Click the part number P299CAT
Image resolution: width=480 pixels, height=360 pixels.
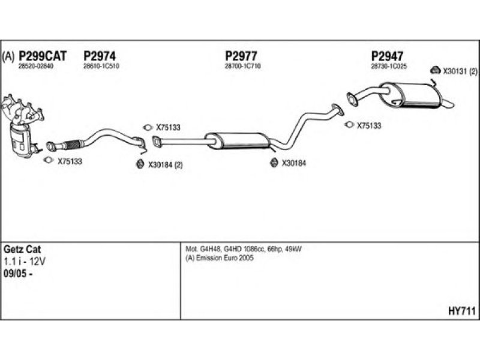(x=43, y=56)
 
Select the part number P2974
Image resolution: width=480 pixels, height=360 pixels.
(x=100, y=56)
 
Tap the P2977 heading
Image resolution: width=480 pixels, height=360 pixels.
(x=241, y=56)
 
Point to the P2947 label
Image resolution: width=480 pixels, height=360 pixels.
(x=387, y=56)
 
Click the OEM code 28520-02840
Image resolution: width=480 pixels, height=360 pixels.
(x=36, y=66)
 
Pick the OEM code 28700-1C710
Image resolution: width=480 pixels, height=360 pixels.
(x=243, y=66)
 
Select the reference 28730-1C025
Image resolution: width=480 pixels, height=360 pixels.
(x=389, y=66)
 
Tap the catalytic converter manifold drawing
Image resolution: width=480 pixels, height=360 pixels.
(x=22, y=125)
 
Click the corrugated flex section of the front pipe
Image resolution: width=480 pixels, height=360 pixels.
(x=71, y=144)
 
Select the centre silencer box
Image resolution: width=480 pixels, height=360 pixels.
(x=237, y=141)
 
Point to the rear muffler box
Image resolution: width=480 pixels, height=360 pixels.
(x=410, y=95)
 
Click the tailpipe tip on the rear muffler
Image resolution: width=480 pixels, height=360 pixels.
(x=448, y=103)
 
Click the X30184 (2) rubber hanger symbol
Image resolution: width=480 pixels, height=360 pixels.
(x=140, y=164)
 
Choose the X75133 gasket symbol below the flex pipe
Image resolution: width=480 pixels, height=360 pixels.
(x=49, y=160)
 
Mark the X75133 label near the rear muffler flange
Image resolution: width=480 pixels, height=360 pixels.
(x=369, y=125)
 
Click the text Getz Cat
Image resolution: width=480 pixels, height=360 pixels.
(x=22, y=249)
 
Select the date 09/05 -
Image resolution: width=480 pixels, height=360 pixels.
(x=18, y=274)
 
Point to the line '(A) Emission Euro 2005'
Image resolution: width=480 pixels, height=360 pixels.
(x=220, y=258)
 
